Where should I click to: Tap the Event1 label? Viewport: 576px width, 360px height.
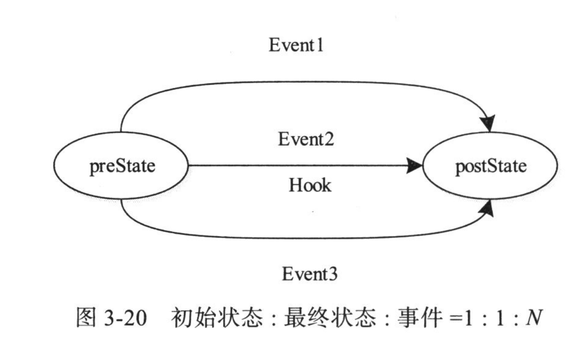tap(296, 46)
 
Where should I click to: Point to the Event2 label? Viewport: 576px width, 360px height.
tap(306, 140)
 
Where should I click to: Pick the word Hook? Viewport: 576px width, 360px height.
tap(310, 185)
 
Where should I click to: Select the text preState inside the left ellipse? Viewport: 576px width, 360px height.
tap(122, 166)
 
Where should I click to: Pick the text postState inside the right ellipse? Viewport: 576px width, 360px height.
tap(490, 166)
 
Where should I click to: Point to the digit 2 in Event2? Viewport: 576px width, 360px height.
tap(329, 140)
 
